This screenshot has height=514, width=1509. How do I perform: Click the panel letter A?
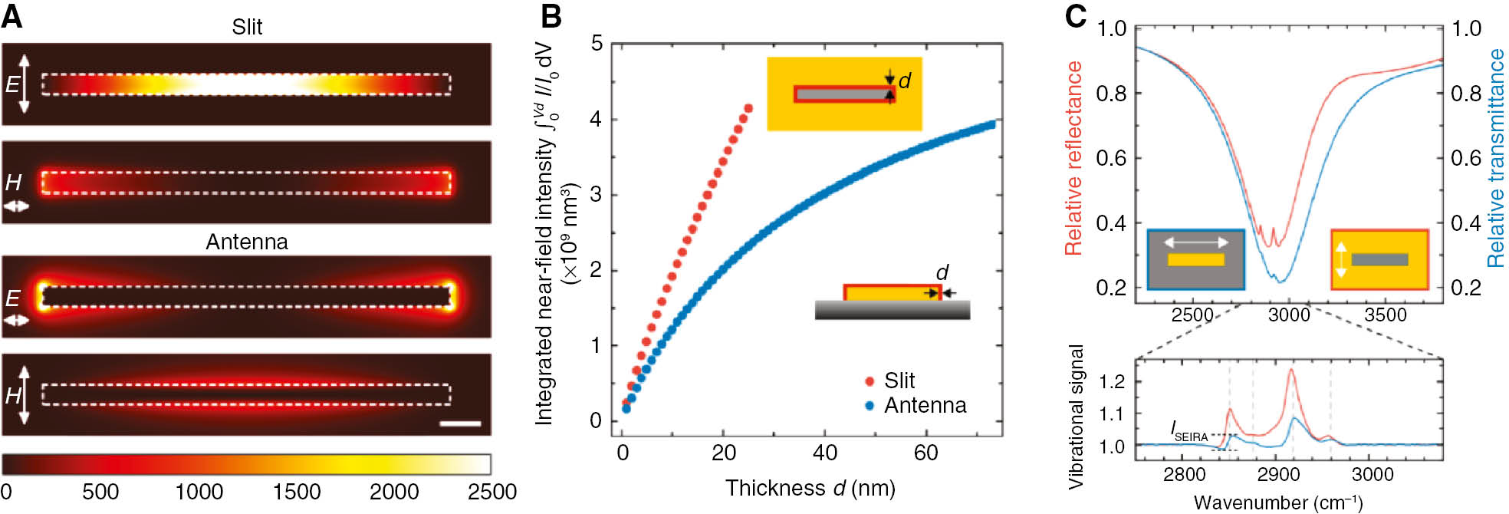tap(12, 15)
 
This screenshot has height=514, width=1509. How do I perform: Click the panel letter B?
tap(551, 15)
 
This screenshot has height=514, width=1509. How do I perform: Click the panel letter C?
tap(1077, 15)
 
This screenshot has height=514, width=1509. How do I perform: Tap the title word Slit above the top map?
tap(247, 27)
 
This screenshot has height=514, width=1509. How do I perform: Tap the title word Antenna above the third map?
tap(247, 242)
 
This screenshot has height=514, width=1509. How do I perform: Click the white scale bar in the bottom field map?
tap(461, 423)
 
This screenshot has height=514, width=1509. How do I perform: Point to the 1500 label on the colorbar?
tap(297, 492)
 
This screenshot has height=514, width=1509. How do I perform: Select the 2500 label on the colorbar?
tap(491, 492)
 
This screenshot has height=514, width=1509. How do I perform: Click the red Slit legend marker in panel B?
tap(870, 381)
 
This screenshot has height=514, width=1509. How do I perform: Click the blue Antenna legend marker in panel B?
tap(870, 405)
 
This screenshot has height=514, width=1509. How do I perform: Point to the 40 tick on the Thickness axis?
tap(824, 453)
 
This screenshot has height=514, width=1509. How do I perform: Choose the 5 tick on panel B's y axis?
tap(597, 44)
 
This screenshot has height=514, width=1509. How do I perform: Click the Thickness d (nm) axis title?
tap(810, 488)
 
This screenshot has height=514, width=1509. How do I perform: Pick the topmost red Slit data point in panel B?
tap(748, 108)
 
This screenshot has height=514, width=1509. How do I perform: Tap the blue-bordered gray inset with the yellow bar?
tap(1195, 259)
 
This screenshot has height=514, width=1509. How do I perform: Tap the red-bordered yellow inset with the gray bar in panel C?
tap(1379, 259)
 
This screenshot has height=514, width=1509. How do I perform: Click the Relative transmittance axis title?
tap(1495, 157)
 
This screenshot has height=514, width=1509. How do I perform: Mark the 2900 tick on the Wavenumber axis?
tap(1278, 474)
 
